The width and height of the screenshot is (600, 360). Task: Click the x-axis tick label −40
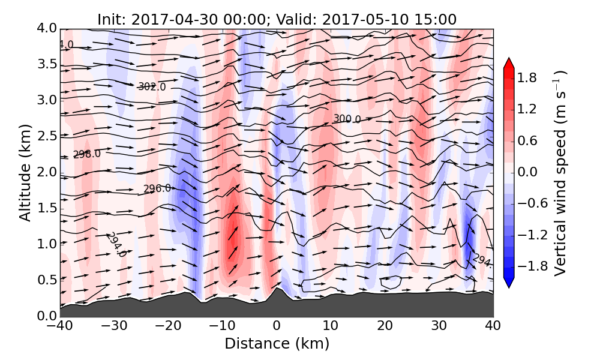[x=60, y=327]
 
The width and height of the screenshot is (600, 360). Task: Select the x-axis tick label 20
[x=385, y=327]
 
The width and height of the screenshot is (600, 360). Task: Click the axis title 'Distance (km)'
[x=277, y=344]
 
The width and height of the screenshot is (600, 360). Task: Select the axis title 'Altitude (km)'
[x=25, y=172]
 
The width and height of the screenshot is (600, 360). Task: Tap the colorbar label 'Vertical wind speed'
[x=560, y=173]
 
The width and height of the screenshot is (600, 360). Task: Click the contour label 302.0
[x=152, y=87]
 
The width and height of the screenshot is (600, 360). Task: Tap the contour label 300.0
[x=347, y=119]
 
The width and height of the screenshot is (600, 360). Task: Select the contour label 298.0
[x=87, y=154]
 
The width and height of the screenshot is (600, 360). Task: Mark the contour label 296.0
[x=157, y=189]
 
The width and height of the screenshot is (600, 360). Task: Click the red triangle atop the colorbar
[x=509, y=62]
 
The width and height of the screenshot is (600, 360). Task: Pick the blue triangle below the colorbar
[x=509, y=283]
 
